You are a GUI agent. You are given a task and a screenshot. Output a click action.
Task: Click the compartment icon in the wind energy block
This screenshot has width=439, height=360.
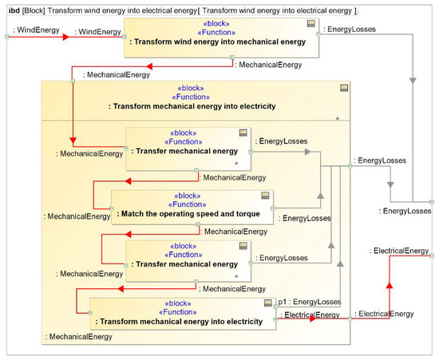311,24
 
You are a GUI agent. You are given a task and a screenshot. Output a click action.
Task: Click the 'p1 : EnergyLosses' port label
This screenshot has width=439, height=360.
309,302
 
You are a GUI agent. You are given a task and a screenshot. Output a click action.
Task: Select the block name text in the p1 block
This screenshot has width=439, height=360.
180,322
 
